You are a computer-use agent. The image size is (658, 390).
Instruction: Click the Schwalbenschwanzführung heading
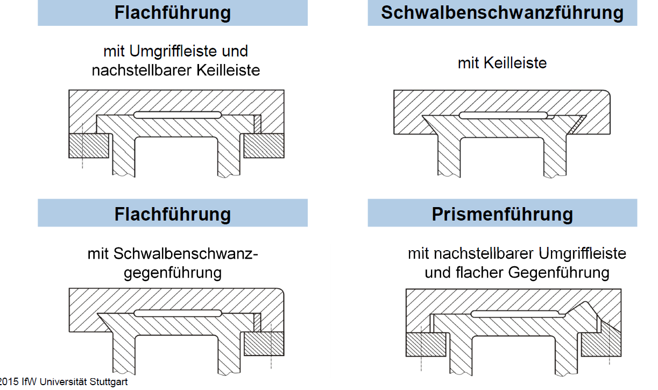[x=502, y=12]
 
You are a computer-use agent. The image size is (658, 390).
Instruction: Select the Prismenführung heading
[x=502, y=214]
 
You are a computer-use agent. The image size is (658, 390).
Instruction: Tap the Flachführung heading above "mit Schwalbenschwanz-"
[x=172, y=214]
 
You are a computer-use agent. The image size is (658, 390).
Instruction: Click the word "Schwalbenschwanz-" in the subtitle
[x=186, y=253]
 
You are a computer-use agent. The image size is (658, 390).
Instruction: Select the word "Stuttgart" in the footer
[x=108, y=382]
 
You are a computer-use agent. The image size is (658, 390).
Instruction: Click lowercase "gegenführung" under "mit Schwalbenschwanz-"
[x=172, y=273]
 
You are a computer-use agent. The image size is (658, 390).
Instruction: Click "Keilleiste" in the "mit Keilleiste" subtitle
[x=515, y=63]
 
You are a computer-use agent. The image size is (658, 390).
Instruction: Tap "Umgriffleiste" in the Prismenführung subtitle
[x=582, y=254]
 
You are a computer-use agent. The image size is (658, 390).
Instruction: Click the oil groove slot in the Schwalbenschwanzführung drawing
[x=503, y=115]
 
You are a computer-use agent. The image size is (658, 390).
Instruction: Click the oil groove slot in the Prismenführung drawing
[x=515, y=314]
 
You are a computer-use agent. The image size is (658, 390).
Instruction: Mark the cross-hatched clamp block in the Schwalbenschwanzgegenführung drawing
[x=264, y=344]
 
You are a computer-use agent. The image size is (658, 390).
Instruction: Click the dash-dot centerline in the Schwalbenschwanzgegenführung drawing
[x=271, y=346]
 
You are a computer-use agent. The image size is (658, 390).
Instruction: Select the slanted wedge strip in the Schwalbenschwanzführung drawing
[x=576, y=125]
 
